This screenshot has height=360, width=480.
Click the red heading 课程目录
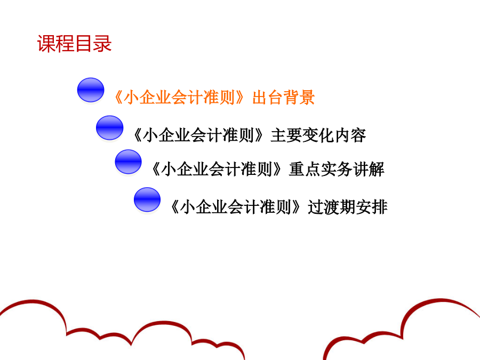(x=74, y=44)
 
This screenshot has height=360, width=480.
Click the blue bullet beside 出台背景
(x=91, y=90)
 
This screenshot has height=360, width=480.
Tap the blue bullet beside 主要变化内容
(x=109, y=128)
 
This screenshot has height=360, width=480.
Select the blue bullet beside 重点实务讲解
(x=128, y=162)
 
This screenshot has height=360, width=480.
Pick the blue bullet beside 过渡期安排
(x=147, y=199)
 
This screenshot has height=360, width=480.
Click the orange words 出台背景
(x=284, y=98)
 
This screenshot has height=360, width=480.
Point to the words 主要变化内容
(x=318, y=135)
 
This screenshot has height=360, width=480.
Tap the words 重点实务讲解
(x=337, y=169)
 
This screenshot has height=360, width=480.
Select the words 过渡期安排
(x=348, y=207)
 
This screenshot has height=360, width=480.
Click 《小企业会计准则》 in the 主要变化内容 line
(x=198, y=135)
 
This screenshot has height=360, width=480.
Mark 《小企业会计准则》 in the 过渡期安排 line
(x=236, y=207)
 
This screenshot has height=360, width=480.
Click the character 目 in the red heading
(x=84, y=44)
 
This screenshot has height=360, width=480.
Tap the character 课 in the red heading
(x=46, y=44)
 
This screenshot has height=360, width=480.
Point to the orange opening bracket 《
(x=118, y=98)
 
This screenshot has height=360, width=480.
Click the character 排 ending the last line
(x=380, y=207)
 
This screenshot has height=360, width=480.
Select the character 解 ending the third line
(x=377, y=169)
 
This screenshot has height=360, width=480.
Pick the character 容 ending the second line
(x=358, y=135)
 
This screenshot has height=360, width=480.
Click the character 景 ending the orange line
(x=307, y=98)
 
